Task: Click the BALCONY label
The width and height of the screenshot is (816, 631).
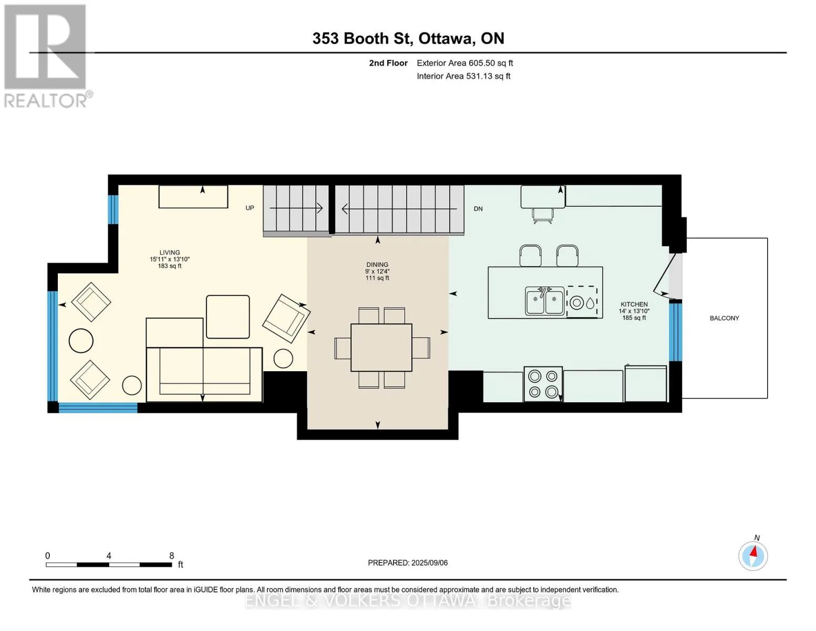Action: coord(724,318)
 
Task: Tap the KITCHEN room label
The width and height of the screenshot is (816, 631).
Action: coord(634,304)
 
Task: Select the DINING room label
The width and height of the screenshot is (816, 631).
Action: coord(377,264)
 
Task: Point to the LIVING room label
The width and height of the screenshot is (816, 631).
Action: coord(170,252)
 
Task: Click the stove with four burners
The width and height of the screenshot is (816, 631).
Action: coord(543,384)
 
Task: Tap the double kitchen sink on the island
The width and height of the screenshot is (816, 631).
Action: coord(545,300)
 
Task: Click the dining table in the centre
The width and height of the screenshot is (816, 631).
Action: coord(381,347)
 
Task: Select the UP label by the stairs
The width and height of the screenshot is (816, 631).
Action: coord(250,208)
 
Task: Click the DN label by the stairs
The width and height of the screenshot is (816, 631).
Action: coord(478,209)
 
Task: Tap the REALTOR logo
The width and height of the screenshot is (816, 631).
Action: coord(47,56)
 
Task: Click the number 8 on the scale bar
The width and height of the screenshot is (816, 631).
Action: coord(172,555)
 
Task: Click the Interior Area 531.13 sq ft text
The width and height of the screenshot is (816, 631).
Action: coord(463,76)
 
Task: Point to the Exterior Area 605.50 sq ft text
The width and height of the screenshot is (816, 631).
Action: coord(465,63)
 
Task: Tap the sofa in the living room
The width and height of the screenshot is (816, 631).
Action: coord(204,374)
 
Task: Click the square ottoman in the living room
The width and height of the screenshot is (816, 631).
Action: coord(228,317)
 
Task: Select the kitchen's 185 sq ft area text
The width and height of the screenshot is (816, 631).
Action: coord(634,318)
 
